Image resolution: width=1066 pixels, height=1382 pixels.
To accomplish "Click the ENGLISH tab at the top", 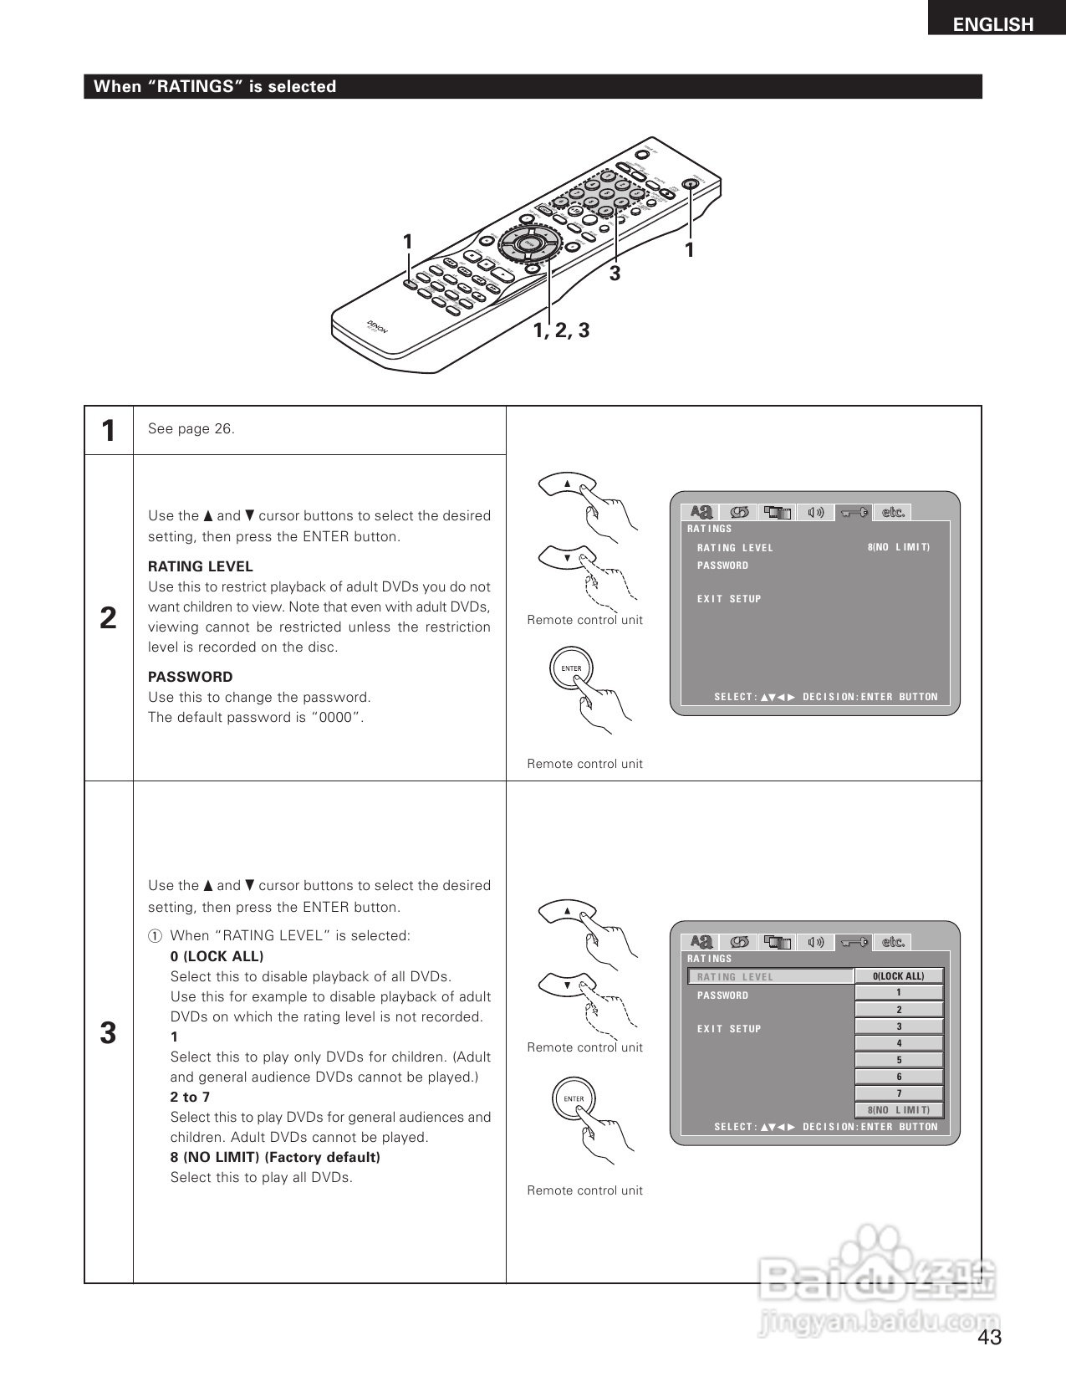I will tap(993, 24).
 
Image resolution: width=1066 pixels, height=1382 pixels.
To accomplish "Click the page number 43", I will tap(989, 1337).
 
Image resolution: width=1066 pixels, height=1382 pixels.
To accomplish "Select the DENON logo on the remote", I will tap(377, 328).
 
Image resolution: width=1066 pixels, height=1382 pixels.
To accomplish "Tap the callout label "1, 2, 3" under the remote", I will tap(561, 330).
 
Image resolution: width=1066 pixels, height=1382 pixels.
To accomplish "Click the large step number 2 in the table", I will tap(109, 618).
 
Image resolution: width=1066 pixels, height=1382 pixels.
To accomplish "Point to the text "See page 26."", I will tap(191, 429).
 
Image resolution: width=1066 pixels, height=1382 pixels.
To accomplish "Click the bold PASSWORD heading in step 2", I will tap(191, 677).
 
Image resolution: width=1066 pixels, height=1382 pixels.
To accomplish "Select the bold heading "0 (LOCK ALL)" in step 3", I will tap(217, 956).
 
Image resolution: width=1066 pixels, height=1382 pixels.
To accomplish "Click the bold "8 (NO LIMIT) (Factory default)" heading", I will tap(275, 1157).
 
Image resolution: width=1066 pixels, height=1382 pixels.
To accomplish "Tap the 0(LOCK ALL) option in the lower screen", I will tap(899, 976).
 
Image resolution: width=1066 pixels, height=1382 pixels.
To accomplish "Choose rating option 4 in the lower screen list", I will tap(899, 1043).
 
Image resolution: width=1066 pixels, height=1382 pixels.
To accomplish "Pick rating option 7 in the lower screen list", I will tap(899, 1093).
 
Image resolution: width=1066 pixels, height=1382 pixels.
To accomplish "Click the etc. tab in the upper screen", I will tap(893, 512).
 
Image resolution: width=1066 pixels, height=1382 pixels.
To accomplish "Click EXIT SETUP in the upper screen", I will tap(729, 599).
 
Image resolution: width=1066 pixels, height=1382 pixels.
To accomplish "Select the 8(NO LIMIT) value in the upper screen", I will tap(899, 547).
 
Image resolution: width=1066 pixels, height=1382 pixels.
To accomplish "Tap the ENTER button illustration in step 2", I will tap(571, 668).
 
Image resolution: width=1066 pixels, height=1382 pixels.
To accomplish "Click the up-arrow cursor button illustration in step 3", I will tap(567, 911).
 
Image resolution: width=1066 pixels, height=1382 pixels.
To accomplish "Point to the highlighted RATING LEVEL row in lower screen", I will tap(769, 976).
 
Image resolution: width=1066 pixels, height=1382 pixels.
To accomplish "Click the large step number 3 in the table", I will tap(109, 1033).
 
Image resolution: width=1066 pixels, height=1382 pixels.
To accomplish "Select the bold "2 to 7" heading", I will tap(190, 1097).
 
